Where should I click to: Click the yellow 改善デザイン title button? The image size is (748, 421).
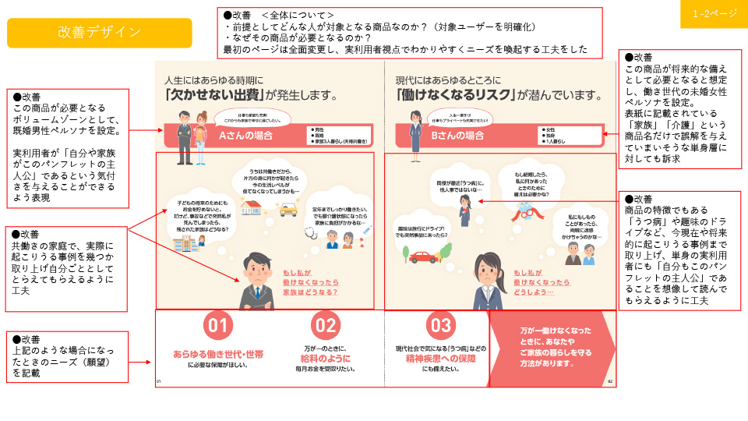[99, 33]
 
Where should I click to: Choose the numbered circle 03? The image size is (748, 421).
[441, 325]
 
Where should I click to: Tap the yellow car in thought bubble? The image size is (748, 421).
[288, 209]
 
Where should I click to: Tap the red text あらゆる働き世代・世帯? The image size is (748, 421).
[218, 355]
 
